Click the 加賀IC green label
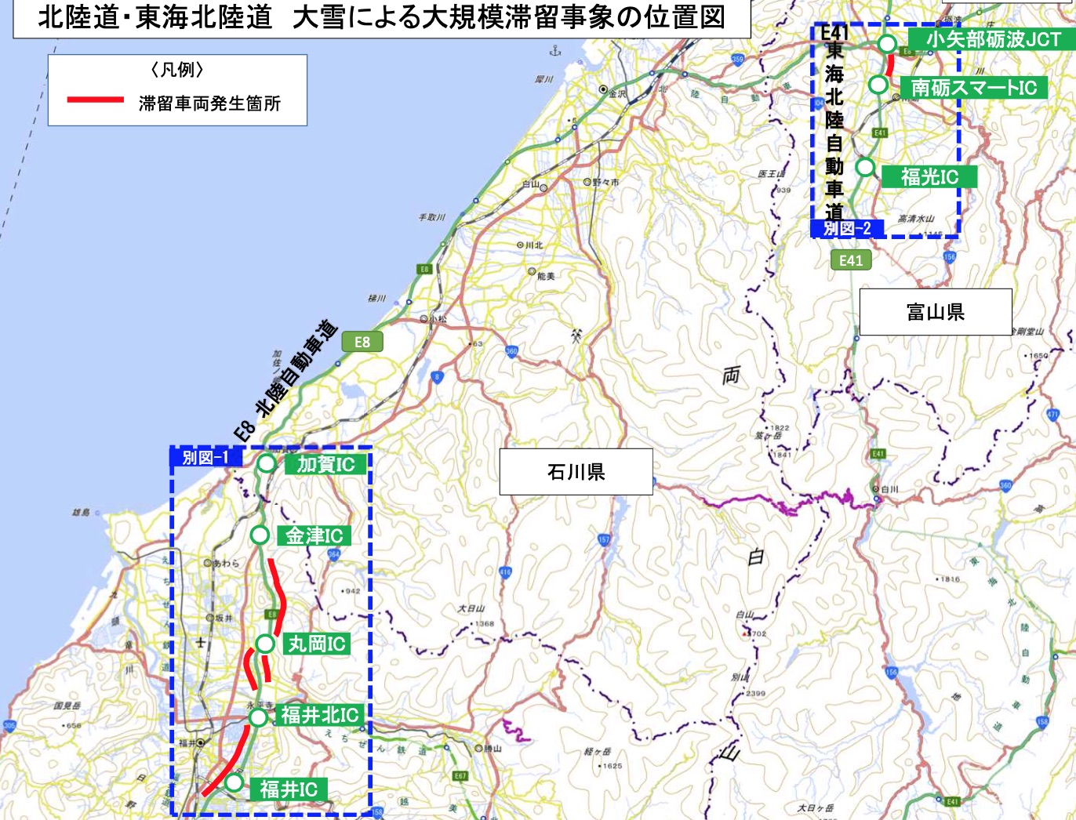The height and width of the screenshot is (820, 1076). click(325, 464)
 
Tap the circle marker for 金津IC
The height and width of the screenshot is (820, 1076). click(260, 535)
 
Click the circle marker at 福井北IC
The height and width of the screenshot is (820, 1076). click(258, 717)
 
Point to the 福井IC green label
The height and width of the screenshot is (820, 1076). click(289, 789)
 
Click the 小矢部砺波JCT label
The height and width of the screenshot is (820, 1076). click(993, 39)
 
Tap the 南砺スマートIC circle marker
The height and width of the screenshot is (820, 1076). click(878, 84)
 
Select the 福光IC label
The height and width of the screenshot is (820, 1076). click(929, 176)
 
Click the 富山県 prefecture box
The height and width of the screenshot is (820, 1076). click(935, 312)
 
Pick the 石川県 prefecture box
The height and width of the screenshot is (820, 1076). click(576, 472)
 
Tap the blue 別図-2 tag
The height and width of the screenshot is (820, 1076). click(847, 229)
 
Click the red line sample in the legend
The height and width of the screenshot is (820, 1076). click(96, 100)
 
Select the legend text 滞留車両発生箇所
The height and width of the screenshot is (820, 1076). click(209, 103)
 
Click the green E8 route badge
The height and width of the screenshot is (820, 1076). click(362, 342)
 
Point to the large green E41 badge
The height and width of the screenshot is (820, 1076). click(851, 260)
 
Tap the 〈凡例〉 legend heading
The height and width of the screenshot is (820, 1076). click(177, 70)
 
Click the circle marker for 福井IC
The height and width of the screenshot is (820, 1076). click(234, 782)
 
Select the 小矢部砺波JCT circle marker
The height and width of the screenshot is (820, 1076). click(886, 44)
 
